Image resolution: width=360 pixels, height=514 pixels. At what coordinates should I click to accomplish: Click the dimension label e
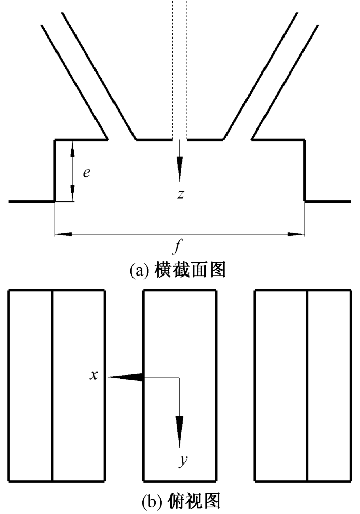pos(87,172)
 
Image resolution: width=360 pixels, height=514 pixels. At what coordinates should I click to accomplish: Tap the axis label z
pos(179,194)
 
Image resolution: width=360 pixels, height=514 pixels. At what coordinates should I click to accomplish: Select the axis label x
pos(93,376)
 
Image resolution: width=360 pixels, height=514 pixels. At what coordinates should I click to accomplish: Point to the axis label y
pos(182,462)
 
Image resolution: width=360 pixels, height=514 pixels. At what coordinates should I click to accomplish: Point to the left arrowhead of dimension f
pos(63,234)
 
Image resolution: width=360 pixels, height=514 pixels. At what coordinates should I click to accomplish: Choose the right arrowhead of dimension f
pos(296,234)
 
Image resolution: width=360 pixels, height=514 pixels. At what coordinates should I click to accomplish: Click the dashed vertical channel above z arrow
pos(179,67)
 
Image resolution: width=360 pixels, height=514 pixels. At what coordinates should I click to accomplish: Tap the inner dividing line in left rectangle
pos(53,385)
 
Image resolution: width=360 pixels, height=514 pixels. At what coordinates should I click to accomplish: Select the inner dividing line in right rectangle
pos(307,385)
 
